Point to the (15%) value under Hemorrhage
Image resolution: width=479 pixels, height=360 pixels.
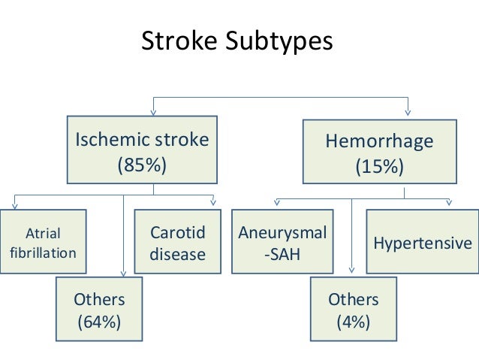(379, 166)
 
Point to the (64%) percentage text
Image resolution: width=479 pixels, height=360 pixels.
(99, 323)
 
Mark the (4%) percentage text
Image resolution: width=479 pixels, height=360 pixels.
(354, 323)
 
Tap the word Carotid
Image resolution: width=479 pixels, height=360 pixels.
(177, 232)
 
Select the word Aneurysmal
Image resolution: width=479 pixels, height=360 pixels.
(282, 232)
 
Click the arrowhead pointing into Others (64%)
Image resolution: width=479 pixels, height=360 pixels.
(124, 274)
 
